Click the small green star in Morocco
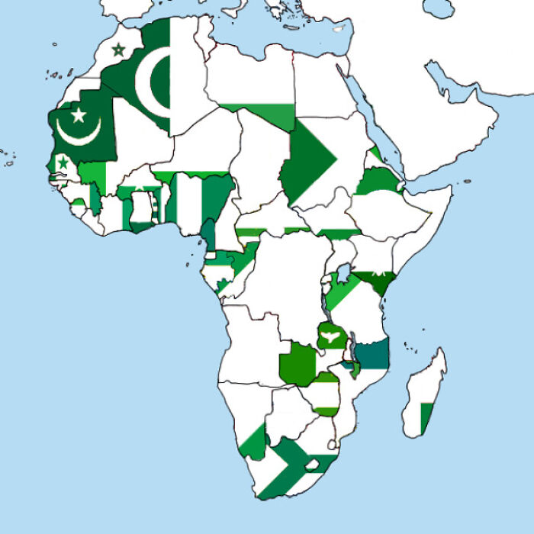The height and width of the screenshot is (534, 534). (x=118, y=50)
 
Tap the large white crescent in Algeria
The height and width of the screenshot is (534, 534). (x=153, y=84)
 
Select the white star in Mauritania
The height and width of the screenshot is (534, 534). (x=78, y=115)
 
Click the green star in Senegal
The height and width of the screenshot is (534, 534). (x=63, y=162)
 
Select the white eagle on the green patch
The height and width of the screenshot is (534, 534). (x=330, y=336)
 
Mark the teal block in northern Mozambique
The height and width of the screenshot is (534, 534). (x=373, y=354)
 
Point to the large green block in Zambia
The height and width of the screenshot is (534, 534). (x=298, y=365)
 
